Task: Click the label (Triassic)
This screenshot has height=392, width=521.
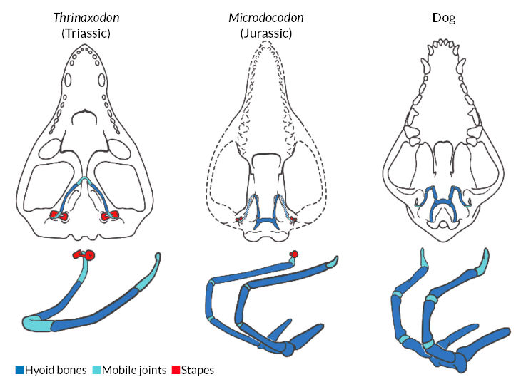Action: [x=85, y=33]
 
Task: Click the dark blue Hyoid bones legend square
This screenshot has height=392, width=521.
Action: [x=19, y=370]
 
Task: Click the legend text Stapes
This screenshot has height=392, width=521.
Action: [x=198, y=370]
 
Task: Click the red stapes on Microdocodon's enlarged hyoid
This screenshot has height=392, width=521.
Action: [x=293, y=254]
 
